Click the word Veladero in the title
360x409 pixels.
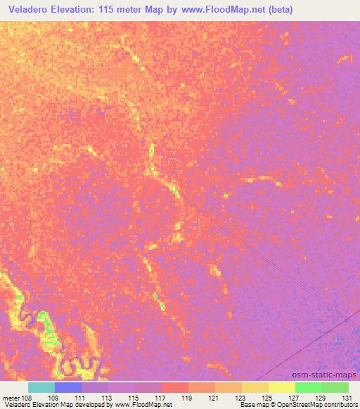tap(28, 10)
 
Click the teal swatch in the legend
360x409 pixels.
tap(41, 387)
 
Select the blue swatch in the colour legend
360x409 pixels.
tap(68, 387)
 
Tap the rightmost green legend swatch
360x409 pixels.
tap(335, 387)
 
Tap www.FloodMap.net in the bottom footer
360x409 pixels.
tap(143, 405)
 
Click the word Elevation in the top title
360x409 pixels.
tap(77, 10)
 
